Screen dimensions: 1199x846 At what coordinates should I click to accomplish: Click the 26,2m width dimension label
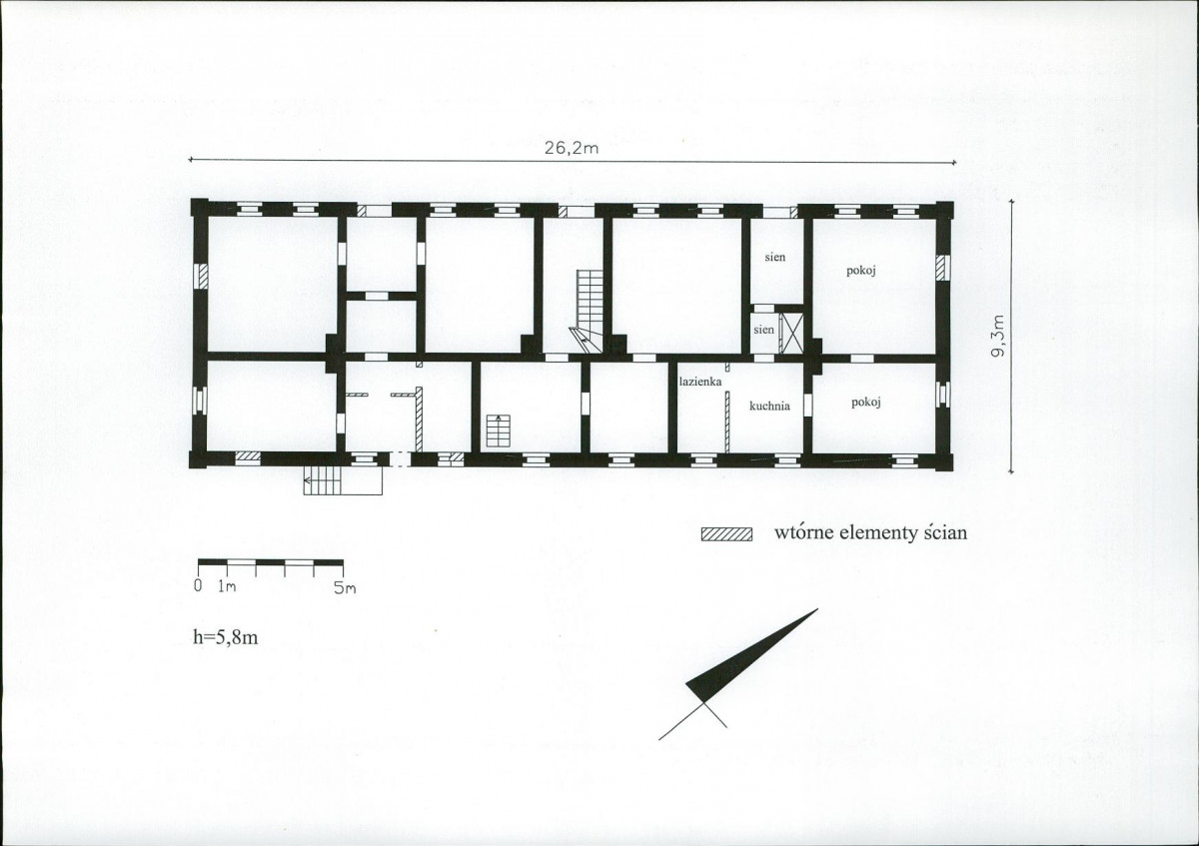click(x=572, y=148)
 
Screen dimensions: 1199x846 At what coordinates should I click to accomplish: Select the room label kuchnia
click(x=769, y=407)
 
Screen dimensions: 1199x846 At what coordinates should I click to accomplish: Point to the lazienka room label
click(x=700, y=383)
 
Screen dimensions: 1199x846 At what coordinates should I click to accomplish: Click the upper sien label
click(x=775, y=257)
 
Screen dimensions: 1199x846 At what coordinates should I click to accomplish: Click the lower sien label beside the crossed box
click(x=763, y=330)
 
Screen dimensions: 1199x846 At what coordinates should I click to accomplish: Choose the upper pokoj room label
click(x=861, y=271)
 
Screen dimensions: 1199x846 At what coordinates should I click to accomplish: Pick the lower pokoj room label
click(x=866, y=402)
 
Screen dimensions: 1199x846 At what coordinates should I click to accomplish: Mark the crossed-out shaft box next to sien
click(x=791, y=333)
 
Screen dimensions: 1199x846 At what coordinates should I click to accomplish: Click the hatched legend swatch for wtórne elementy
click(x=726, y=534)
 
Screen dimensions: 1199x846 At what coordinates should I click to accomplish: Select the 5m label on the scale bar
click(x=344, y=588)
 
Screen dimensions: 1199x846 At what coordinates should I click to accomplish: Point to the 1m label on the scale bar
click(x=227, y=586)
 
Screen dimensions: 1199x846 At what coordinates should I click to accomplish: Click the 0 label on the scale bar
click(x=198, y=586)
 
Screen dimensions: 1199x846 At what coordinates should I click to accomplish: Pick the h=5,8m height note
click(x=226, y=637)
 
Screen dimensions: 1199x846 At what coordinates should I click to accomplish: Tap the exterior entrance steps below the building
click(x=343, y=480)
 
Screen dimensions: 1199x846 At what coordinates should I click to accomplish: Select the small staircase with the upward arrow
click(x=499, y=430)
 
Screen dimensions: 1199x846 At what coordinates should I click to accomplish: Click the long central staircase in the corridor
click(x=589, y=311)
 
